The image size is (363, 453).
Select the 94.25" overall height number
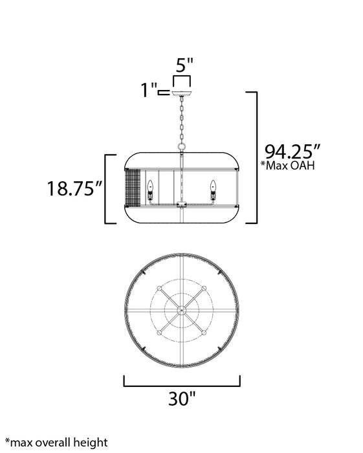point(292,153)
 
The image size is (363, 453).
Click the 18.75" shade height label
point(75,188)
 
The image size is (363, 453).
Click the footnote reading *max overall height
point(56,443)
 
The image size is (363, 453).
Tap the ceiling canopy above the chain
point(182,94)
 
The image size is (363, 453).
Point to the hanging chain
point(182,123)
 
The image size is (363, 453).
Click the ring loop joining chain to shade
point(182,148)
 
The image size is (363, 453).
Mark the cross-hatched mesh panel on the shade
point(132,188)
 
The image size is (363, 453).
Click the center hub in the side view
point(182,205)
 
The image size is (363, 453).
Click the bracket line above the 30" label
point(182,385)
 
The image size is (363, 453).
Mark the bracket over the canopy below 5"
point(182,79)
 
